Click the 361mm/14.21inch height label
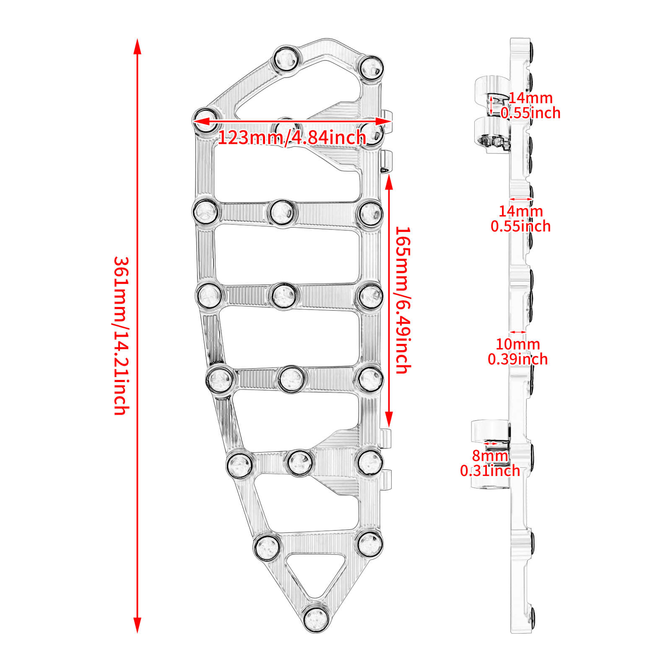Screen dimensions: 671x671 click(x=121, y=335)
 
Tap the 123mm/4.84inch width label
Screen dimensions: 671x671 click(x=292, y=138)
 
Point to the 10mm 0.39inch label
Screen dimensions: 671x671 click(x=518, y=351)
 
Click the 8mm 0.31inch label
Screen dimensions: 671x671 click(x=490, y=463)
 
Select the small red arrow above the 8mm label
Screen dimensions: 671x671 click(x=490, y=443)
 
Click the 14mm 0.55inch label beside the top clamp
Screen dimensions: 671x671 click(x=531, y=105)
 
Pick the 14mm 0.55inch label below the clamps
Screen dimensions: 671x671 click(x=521, y=218)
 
